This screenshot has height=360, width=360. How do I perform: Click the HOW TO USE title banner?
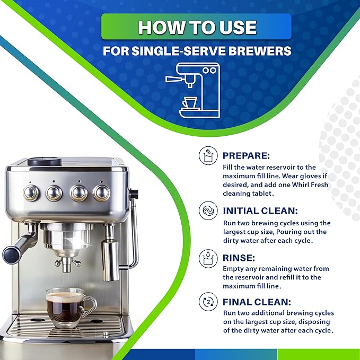tap(196, 27)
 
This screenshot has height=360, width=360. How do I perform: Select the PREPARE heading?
tap(246, 156)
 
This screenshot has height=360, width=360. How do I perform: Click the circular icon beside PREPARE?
tap(208, 156)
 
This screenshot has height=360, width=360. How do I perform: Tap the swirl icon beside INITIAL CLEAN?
tap(208, 211)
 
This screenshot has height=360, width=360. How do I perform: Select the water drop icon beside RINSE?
tap(208, 258)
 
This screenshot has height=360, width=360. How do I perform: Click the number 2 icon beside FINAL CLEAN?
tap(208, 302)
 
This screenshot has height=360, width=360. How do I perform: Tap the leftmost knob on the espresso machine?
tap(31, 192)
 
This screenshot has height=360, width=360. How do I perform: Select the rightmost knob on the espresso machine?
tap(101, 192)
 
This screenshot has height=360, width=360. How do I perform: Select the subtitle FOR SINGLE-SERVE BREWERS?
tap(196, 52)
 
